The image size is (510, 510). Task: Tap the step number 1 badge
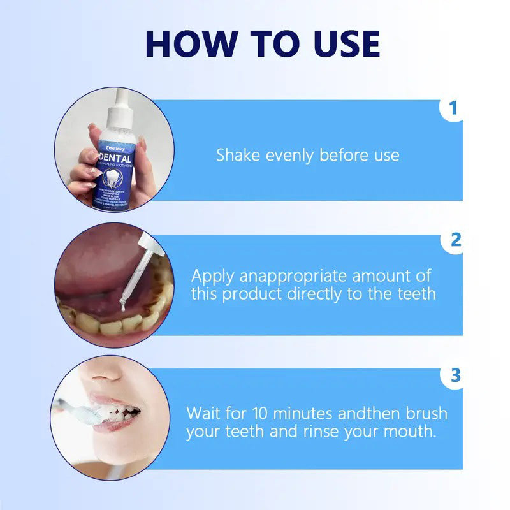[453, 108]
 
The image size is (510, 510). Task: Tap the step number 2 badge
[455, 240]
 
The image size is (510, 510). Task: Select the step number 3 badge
[455, 375]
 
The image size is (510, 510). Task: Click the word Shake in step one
[235, 155]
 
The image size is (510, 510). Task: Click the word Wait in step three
[203, 412]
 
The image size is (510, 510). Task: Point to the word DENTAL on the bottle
[115, 157]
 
